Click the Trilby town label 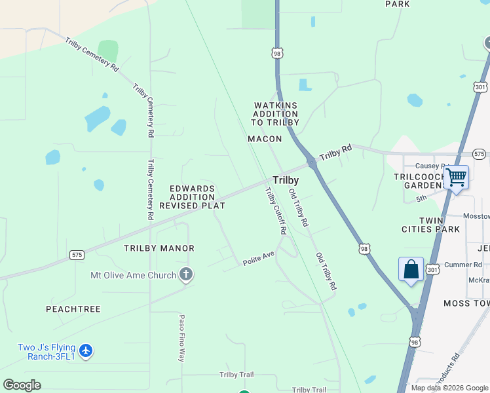point(286,180)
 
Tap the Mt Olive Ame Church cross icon point(186,275)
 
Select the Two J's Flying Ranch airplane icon point(86,352)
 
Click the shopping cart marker point(456,176)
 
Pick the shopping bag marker point(411,269)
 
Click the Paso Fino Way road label point(182,338)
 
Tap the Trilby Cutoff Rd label point(276,211)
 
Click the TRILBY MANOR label point(159,248)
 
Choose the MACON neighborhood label point(265,139)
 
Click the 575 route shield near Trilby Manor point(77,255)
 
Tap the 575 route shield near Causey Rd point(479,153)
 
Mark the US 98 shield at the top point(278,53)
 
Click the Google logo point(22,385)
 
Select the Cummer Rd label point(462,265)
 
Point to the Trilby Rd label point(335,153)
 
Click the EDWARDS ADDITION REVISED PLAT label point(193,197)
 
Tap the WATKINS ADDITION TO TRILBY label point(276,114)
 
